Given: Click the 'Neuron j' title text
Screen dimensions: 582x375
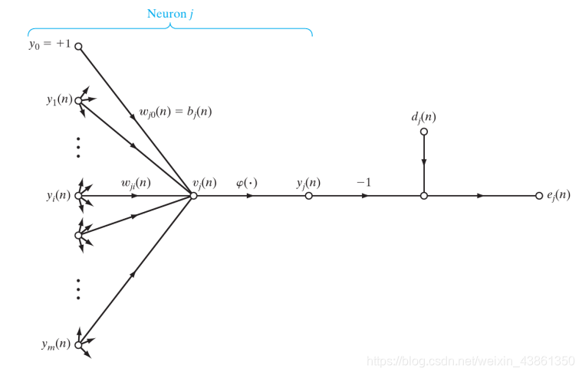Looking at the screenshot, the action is pyautogui.click(x=169, y=14).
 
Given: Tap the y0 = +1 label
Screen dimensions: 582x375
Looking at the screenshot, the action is pyautogui.click(x=49, y=44).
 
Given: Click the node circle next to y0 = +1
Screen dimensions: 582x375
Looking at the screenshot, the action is pyautogui.click(x=78, y=46).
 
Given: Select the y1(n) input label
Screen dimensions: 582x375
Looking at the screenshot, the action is pyautogui.click(x=58, y=99).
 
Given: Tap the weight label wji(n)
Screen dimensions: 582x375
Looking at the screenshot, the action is pyautogui.click(x=136, y=183).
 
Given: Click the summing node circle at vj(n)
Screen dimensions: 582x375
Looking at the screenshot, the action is pyautogui.click(x=193, y=196).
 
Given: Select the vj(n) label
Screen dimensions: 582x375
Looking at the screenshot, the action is pyautogui.click(x=204, y=183).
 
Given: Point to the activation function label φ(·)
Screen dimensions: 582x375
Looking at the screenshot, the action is pyautogui.click(x=246, y=183).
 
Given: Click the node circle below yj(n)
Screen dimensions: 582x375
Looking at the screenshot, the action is pyautogui.click(x=308, y=196).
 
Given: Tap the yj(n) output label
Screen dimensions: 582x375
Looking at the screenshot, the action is pyautogui.click(x=308, y=183).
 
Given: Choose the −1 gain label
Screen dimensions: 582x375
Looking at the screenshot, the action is pyautogui.click(x=363, y=183).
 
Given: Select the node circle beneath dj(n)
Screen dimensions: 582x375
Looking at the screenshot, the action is pyautogui.click(x=423, y=132).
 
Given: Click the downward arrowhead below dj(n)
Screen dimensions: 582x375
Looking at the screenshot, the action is pyautogui.click(x=423, y=165).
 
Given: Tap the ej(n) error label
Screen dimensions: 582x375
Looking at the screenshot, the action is pyautogui.click(x=557, y=195).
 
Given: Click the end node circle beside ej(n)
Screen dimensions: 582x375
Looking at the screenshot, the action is pyautogui.click(x=539, y=196).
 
